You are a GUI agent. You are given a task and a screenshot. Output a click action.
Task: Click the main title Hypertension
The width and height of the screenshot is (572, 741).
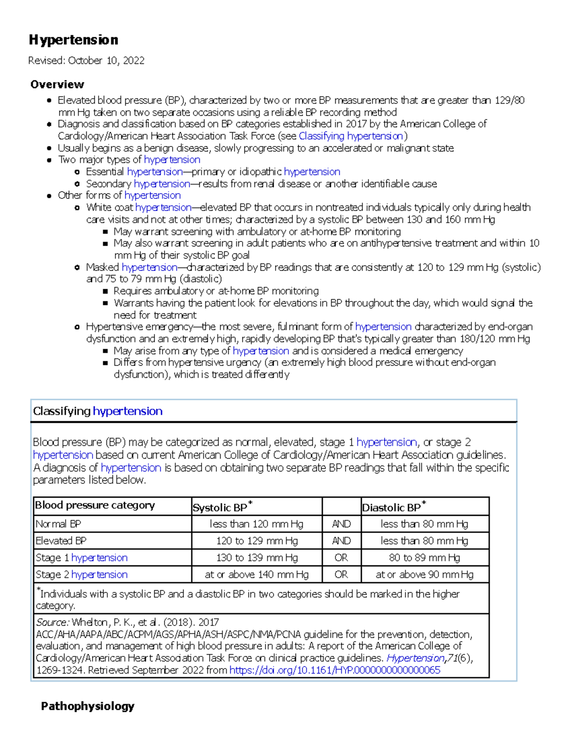coord(73,40)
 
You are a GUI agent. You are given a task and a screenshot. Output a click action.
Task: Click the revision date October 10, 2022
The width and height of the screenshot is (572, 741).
coord(106,61)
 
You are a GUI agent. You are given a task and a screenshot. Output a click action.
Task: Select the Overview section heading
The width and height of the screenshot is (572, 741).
coord(57,84)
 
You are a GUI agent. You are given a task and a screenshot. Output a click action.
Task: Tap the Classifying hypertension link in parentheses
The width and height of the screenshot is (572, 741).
coord(351,136)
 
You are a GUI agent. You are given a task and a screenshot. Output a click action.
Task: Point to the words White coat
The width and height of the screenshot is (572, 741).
coord(110,208)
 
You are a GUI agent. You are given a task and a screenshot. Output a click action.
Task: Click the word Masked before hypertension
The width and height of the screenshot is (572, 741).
coord(102,267)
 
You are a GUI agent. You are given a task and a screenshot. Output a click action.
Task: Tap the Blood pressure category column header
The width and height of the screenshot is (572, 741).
coord(95,505)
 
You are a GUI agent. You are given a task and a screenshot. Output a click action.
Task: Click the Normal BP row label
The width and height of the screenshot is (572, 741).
coord(58,524)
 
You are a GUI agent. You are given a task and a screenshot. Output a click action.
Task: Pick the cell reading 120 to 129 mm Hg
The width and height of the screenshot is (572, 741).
coord(256,541)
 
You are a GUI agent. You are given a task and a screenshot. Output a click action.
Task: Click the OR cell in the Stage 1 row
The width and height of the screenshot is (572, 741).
coord(341,558)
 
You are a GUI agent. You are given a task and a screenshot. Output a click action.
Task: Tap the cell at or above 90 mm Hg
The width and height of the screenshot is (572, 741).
coord(424,574)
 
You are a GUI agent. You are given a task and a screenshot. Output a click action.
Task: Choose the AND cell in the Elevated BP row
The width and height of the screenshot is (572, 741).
coord(341,541)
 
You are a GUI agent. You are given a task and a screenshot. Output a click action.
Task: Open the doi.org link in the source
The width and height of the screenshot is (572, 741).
coord(335,670)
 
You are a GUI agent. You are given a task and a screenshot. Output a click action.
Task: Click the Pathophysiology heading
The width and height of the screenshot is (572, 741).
coord(88,706)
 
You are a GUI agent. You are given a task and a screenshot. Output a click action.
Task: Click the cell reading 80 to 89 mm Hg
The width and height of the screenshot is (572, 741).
coord(424,558)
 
